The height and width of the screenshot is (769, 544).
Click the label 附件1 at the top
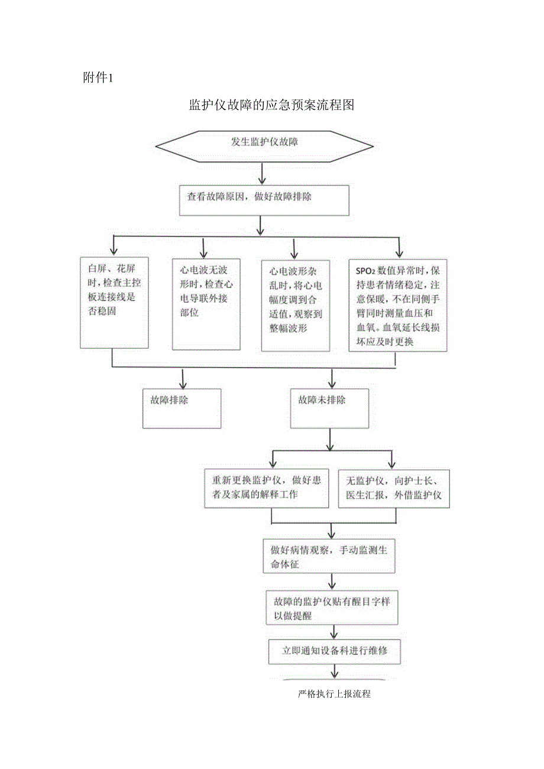98,77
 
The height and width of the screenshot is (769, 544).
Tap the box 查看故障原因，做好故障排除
264,200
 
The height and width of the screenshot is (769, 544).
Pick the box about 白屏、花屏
114,302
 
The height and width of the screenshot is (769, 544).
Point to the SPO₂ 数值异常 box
397,305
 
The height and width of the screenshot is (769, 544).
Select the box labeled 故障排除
182,408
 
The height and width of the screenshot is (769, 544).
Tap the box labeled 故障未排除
330,408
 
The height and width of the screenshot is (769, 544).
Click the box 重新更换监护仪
267,488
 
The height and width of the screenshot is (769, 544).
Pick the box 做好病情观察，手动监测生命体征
329,556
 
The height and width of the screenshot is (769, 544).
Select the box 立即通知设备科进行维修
334,652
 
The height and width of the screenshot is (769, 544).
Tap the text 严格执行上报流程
335,694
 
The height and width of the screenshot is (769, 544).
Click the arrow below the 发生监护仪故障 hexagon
262,174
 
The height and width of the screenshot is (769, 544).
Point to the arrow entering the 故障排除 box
183,378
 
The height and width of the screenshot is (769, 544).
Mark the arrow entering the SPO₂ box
399,246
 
